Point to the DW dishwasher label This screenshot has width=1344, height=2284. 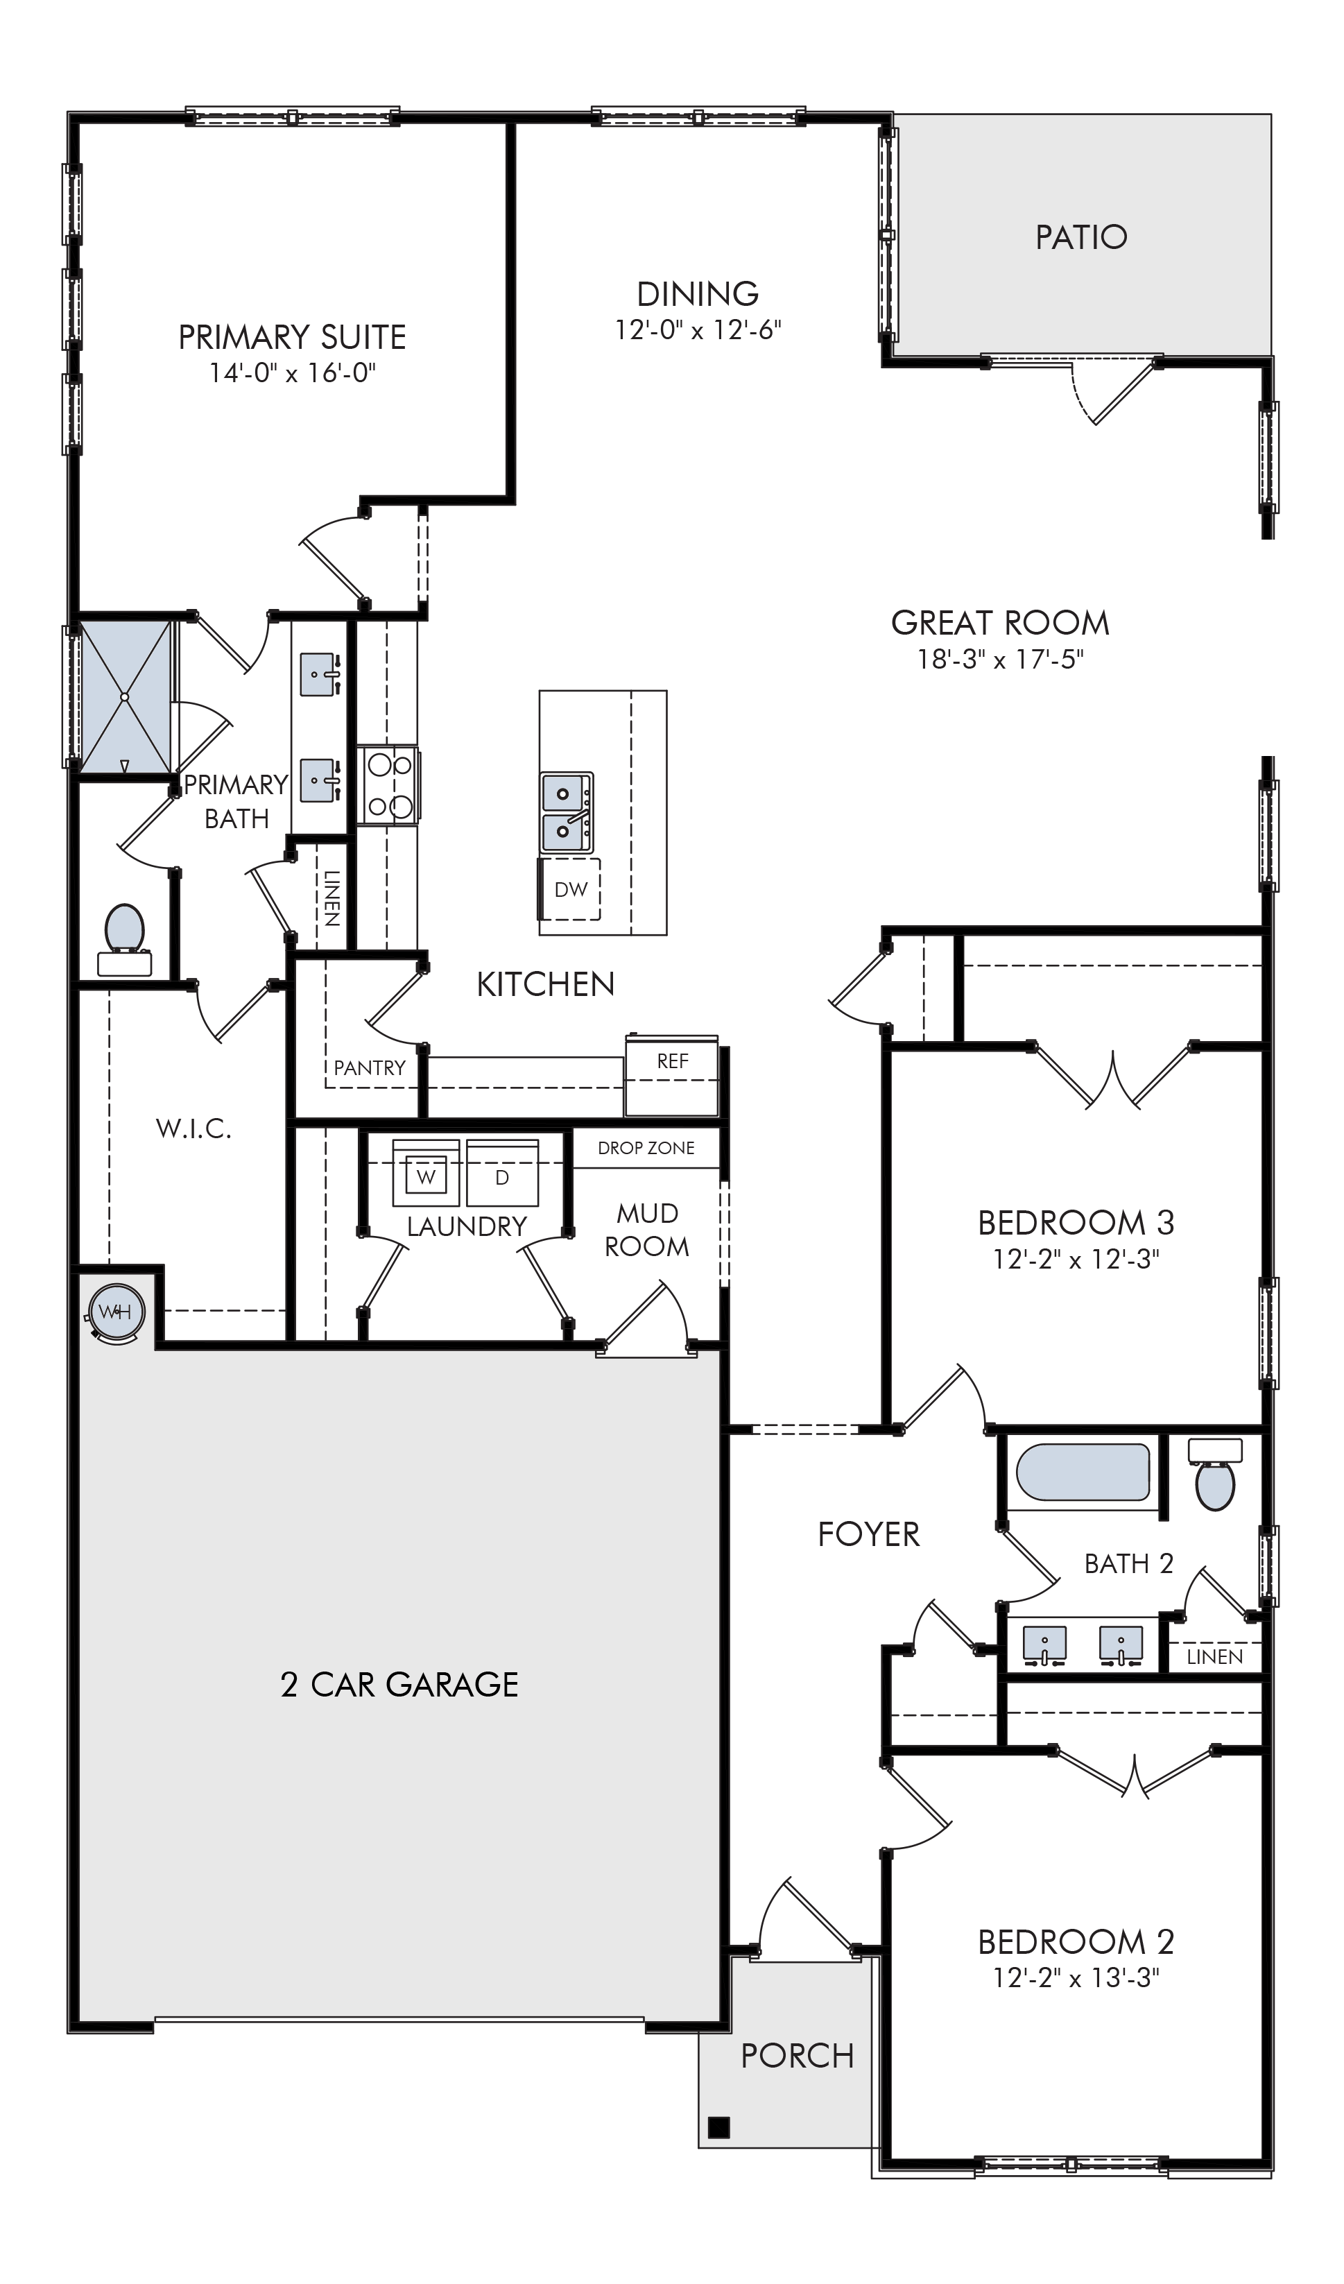coord(571,889)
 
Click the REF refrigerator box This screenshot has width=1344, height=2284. coord(671,1076)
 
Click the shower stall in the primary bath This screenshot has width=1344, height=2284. coord(124,697)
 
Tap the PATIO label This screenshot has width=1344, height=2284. coord(1081,237)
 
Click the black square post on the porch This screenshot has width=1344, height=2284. coord(718,2127)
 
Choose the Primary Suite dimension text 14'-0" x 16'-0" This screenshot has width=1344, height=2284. coord(292,372)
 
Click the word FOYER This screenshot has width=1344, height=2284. coord(868,1534)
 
